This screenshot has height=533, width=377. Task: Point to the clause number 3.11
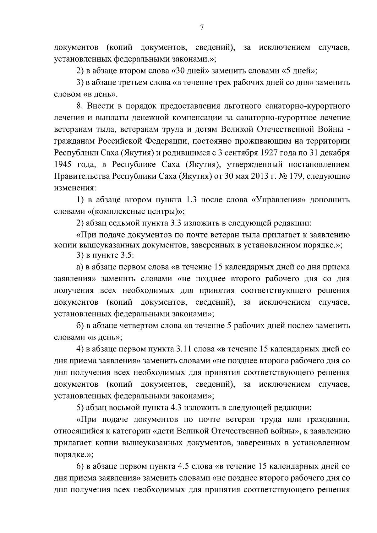183,349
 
